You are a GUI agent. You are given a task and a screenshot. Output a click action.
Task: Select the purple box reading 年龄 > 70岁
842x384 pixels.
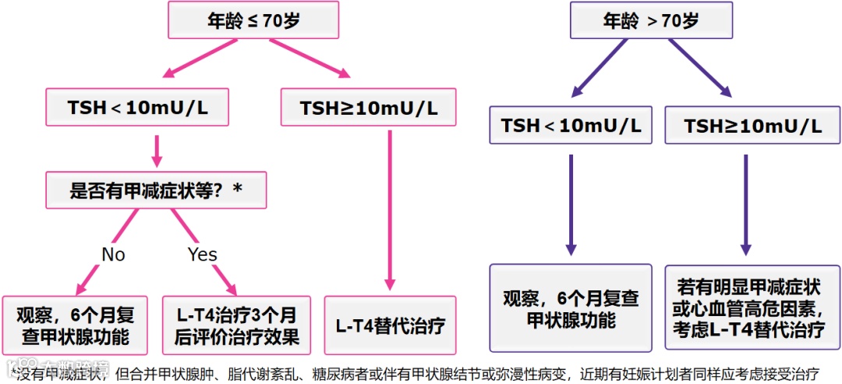click(651, 21)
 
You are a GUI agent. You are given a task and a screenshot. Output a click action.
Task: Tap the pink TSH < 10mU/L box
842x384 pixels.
click(138, 108)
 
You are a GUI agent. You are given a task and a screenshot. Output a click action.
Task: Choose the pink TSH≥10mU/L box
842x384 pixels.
click(368, 108)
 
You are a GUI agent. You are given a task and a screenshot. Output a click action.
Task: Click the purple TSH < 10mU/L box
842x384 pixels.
click(571, 126)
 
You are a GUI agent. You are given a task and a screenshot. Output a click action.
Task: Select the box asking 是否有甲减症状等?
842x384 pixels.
click(156, 190)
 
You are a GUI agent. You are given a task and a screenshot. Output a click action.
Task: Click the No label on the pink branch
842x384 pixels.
click(113, 254)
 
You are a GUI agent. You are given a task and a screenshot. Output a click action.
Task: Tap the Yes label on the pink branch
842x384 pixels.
click(202, 254)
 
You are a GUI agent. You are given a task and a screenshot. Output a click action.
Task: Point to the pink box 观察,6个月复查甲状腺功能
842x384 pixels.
click(76, 325)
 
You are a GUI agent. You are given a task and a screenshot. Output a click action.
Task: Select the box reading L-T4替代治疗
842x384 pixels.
click(390, 325)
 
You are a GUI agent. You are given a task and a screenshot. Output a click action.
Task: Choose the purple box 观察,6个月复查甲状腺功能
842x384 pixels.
click(571, 308)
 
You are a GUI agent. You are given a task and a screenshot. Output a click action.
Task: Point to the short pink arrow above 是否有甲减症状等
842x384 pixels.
click(157, 151)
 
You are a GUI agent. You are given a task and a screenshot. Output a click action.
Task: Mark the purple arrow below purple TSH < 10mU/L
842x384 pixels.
click(571, 203)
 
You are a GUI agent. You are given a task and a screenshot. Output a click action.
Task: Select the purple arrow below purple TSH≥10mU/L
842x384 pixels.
click(746, 203)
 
